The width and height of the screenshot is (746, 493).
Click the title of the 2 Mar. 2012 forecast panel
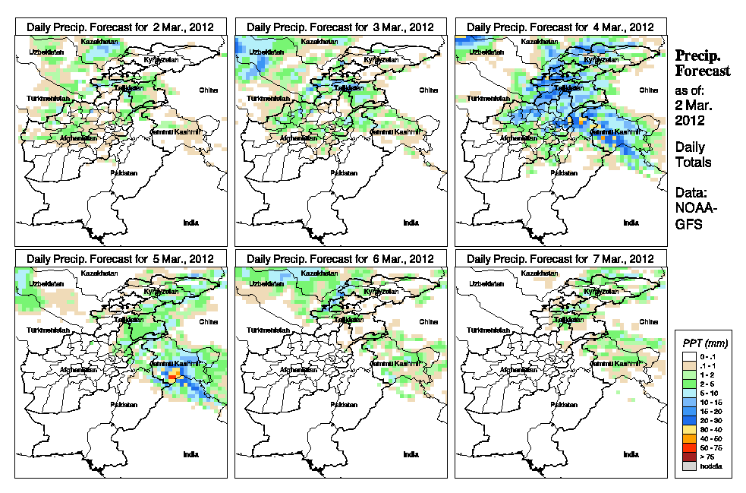120,27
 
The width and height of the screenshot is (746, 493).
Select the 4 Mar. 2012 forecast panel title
560,27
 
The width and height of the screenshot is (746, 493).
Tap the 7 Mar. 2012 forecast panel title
560,259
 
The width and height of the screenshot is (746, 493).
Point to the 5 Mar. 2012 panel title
120,259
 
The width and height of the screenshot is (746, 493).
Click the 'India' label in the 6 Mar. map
411,454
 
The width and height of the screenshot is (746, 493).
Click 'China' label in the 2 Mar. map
208,90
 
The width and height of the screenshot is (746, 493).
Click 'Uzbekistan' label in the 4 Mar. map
486,52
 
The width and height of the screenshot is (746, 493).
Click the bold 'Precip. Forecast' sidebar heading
703,63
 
